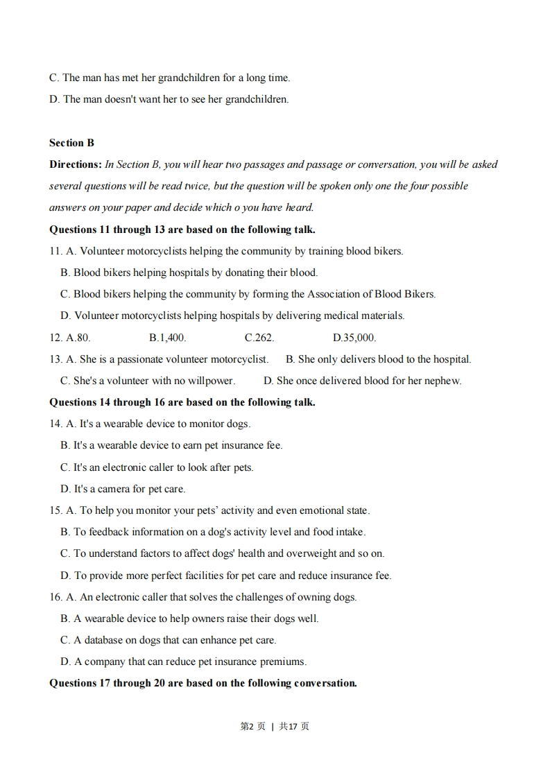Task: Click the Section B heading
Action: pos(71,143)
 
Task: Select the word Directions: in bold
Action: pos(76,164)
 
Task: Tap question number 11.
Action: pos(55,251)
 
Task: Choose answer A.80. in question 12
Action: pos(78,338)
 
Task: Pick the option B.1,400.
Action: pos(167,338)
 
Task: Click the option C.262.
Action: pos(259,338)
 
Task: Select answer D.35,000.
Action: pos(354,338)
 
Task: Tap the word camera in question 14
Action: pos(110,489)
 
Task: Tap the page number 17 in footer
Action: pos(292,727)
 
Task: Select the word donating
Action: pos(246,273)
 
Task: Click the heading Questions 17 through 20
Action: pos(203,683)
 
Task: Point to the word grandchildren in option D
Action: pos(257,99)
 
